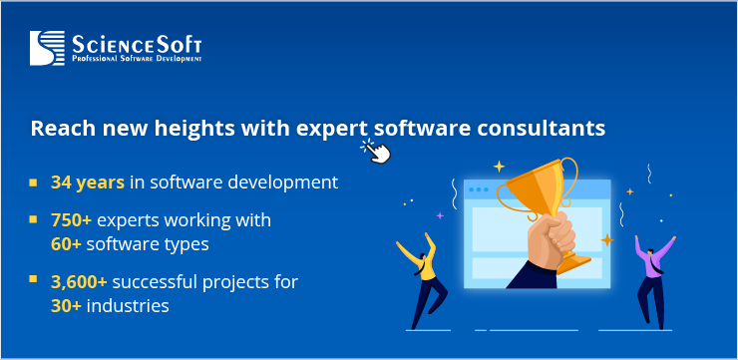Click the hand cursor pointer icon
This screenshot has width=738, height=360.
(375, 151)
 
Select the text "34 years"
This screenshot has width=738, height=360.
(88, 182)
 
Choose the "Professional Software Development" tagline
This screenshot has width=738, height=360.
(137, 60)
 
